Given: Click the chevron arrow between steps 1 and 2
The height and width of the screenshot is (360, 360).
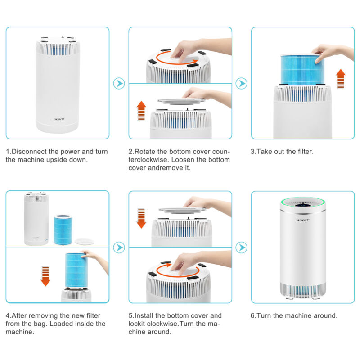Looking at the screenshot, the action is pos(119,84).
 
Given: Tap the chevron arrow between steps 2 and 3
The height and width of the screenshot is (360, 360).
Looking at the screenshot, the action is pos(242,84).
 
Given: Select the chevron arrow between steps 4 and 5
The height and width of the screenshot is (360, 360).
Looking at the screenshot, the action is pos(119,247).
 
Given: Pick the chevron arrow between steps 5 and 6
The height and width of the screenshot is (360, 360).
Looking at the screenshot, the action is pos(242,247).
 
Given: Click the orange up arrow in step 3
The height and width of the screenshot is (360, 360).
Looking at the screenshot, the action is pos(341,79).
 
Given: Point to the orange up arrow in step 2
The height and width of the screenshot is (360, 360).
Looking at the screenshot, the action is pos(141,111).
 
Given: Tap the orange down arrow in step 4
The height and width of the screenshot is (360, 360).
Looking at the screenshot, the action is pos(45,276).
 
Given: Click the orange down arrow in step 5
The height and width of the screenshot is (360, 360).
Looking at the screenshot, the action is pos(141,218).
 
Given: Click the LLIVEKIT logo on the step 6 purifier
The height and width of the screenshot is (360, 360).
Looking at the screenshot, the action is pos(302,220).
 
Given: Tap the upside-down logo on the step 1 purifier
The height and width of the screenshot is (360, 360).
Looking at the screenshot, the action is pos(58,119).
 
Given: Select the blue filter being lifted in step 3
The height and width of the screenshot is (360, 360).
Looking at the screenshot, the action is pos(302,70).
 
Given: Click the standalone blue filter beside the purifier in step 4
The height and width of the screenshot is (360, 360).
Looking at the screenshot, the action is pos(63,229).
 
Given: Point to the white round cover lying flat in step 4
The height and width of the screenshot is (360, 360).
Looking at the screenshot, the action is pos(84,242).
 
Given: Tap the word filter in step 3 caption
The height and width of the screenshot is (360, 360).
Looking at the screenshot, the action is pos(305,152).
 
